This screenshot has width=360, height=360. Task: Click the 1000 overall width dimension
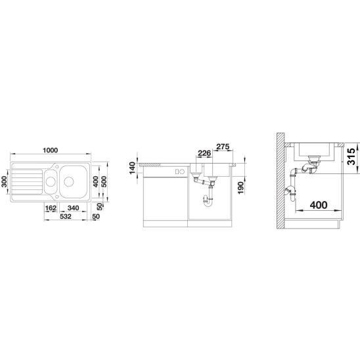click(51, 150)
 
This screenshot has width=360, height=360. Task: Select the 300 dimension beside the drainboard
click(5, 181)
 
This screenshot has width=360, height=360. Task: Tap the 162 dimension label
click(51, 208)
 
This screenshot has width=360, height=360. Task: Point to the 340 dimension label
click(73, 208)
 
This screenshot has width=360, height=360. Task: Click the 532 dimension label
click(66, 217)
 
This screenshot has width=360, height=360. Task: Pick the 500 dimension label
click(104, 181)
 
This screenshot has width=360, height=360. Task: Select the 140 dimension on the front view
click(133, 168)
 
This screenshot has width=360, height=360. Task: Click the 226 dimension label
click(204, 153)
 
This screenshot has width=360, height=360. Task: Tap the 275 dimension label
click(223, 146)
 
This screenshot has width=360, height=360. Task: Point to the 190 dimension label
click(240, 187)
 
